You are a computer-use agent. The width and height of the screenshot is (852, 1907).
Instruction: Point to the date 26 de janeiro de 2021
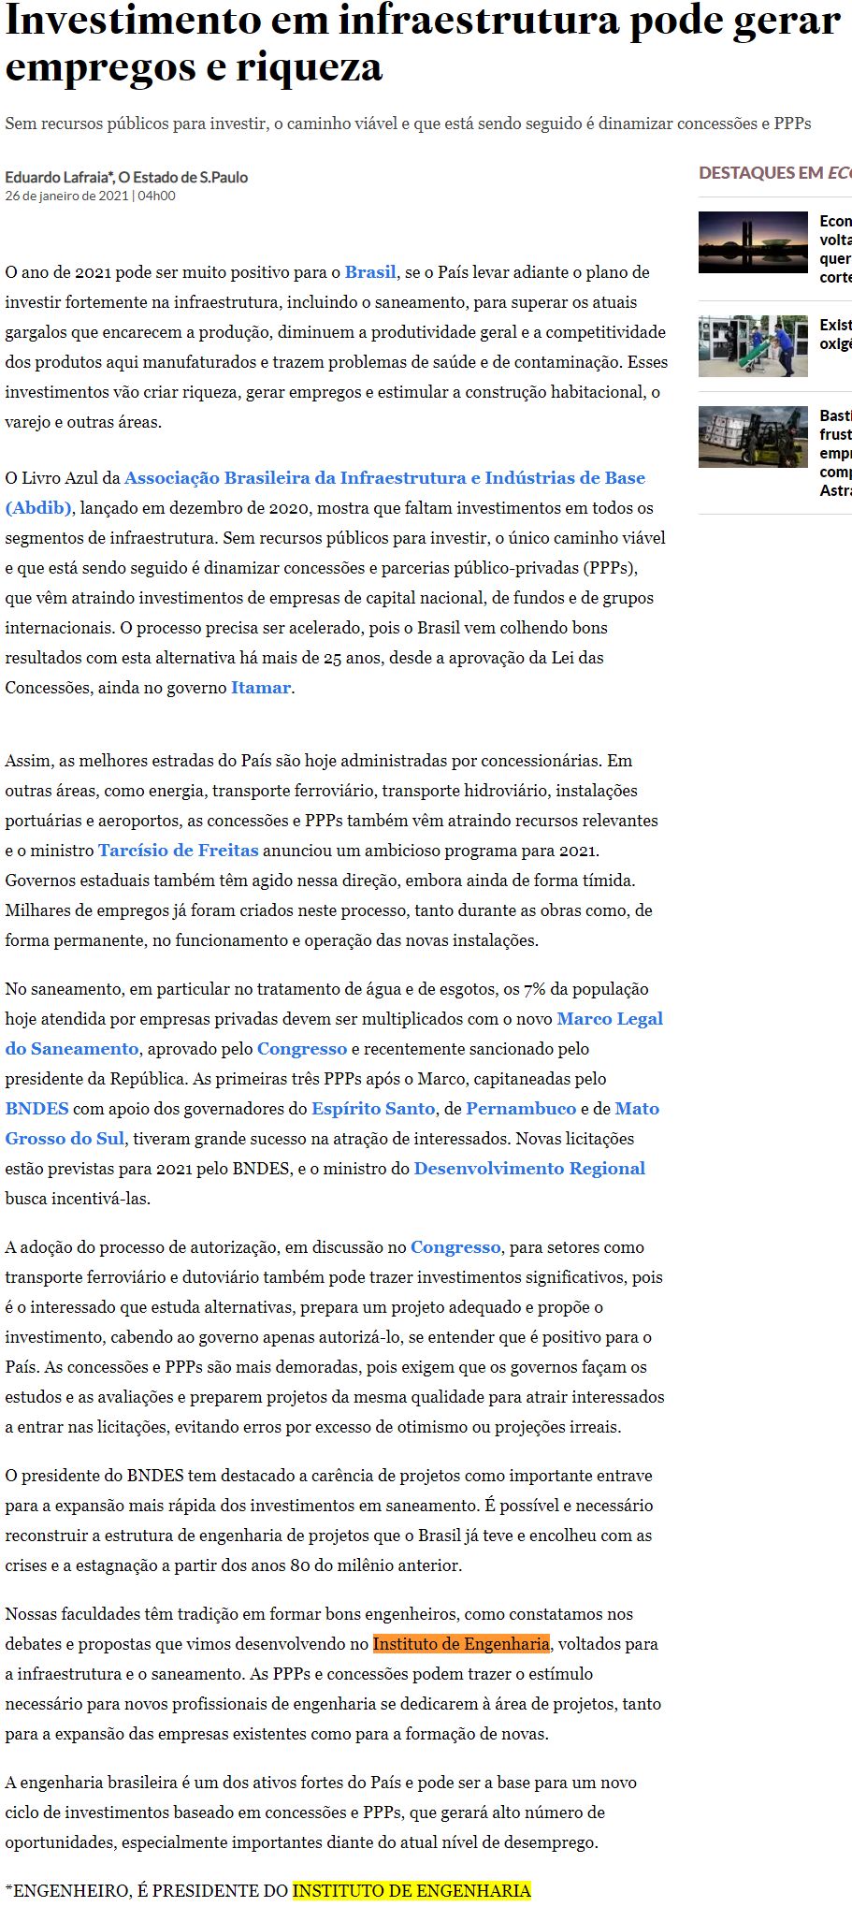coord(66,196)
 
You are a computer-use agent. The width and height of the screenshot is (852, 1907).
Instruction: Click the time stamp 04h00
coord(156,196)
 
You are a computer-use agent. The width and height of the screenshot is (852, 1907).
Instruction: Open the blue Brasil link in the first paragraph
coord(370,272)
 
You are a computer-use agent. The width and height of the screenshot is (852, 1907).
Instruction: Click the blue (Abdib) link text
coord(38,508)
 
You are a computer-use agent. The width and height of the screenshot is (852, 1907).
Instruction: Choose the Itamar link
coord(260,688)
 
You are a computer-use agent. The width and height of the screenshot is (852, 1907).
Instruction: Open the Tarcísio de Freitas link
coord(178,851)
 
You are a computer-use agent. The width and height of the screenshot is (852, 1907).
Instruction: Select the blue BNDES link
coord(36,1109)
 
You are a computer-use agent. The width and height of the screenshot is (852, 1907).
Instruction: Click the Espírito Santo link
coord(373,1109)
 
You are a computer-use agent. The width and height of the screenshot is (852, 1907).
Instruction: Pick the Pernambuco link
coord(521,1109)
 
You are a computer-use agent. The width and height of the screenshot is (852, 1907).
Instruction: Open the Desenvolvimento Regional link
coord(529,1169)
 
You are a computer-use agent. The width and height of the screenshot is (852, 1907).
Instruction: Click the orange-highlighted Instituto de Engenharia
coord(461,1644)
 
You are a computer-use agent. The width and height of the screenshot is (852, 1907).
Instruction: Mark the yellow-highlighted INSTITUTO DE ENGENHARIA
coord(412,1891)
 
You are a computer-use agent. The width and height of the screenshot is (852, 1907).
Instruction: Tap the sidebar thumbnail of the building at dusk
coord(753,242)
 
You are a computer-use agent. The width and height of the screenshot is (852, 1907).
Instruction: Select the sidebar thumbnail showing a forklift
coord(753,437)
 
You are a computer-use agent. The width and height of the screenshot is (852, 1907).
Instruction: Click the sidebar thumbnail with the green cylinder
coord(753,346)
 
